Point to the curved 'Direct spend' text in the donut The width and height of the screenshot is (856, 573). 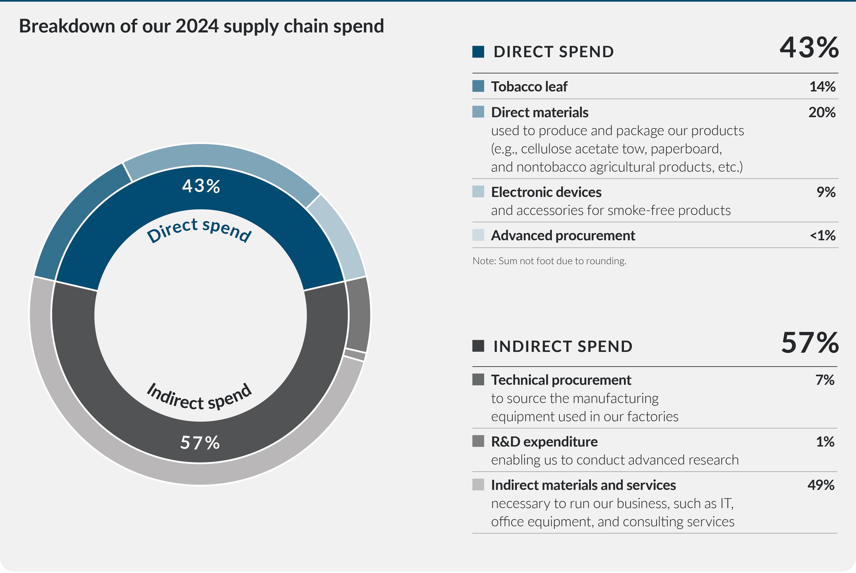[199, 230]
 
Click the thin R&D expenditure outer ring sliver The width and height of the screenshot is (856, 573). [355, 355]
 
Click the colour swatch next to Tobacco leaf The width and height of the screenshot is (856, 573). [478, 86]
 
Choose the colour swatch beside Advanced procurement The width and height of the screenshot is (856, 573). [478, 235]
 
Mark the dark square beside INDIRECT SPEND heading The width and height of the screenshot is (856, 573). [478, 346]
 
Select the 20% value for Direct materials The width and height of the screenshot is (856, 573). [822, 112]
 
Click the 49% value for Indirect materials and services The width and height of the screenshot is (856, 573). [821, 485]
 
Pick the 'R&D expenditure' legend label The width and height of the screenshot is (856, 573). [544, 442]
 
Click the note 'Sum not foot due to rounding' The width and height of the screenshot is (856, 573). [549, 261]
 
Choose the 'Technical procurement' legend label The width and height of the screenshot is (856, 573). [561, 380]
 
